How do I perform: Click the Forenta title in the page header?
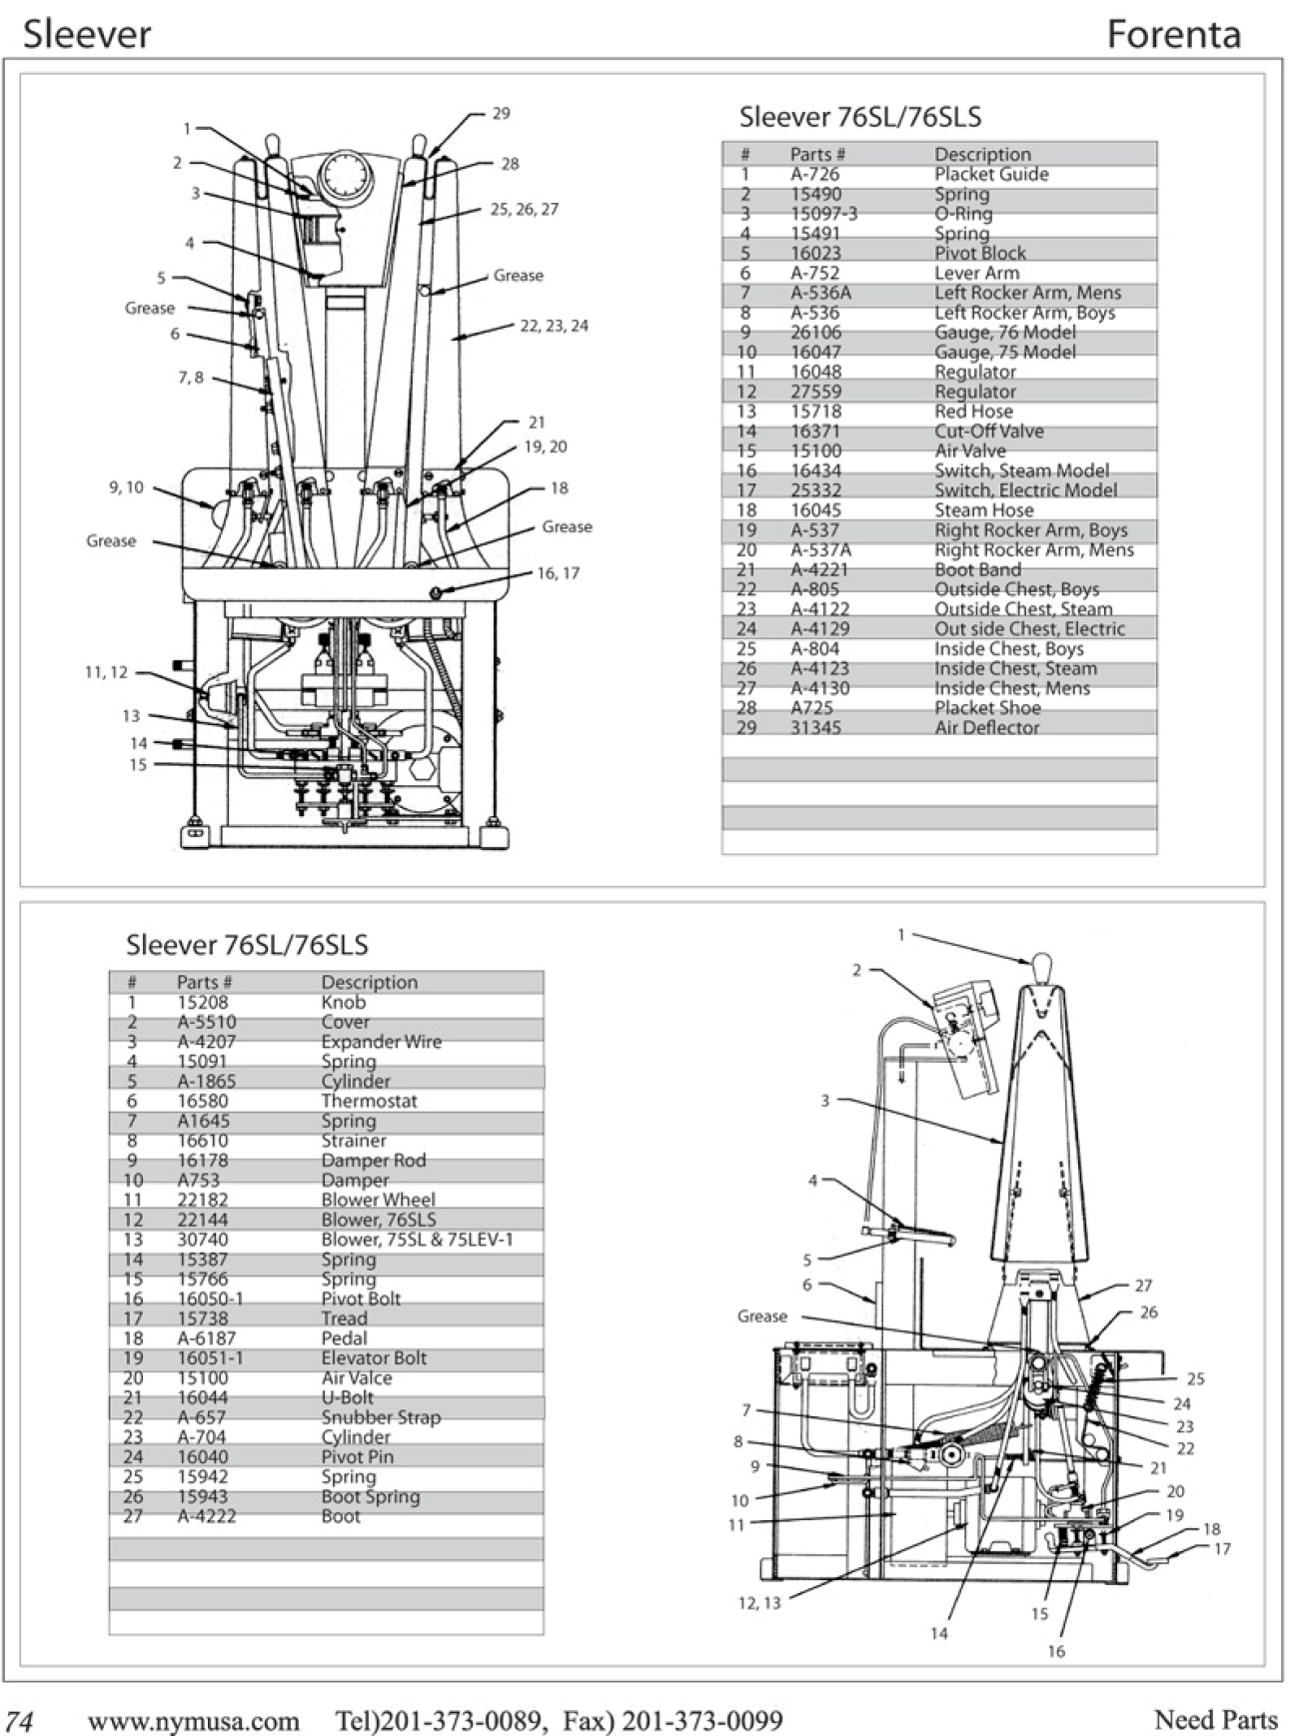[x=1173, y=35]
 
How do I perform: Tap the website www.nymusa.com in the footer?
[x=193, y=1720]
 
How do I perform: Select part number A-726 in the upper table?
[x=814, y=174]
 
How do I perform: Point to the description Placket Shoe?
[x=987, y=708]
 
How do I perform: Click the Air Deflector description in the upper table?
[x=987, y=728]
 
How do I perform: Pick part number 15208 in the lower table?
[x=202, y=1002]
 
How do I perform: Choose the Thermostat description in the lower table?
[x=369, y=1101]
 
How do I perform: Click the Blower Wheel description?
[x=378, y=1200]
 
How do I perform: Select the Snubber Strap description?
[x=381, y=1417]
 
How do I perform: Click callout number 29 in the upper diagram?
[x=501, y=114]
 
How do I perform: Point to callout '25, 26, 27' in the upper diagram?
[x=524, y=210]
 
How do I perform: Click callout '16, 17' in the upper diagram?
[x=558, y=573]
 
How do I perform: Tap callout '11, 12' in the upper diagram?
[x=106, y=672]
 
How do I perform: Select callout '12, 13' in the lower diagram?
[x=758, y=1603]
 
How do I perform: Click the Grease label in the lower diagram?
[x=762, y=1316]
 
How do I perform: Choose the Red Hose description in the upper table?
[x=973, y=412]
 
